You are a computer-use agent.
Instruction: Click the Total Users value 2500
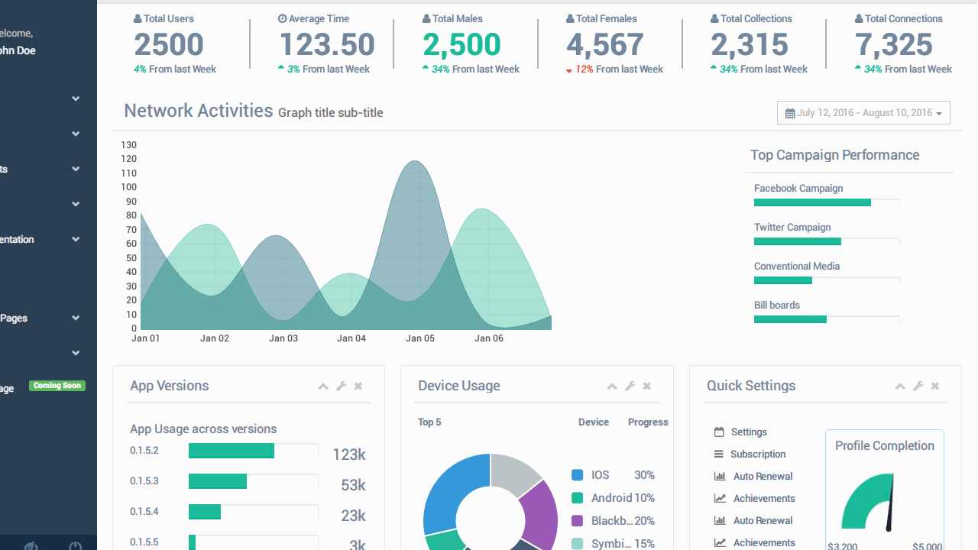point(169,45)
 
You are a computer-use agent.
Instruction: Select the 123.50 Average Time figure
point(327,45)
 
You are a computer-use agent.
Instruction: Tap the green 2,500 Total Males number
point(461,45)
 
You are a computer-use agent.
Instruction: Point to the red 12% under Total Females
point(584,70)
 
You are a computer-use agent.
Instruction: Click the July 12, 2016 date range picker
point(863,113)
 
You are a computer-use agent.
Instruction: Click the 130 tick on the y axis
point(128,145)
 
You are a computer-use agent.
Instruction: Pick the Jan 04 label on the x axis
point(351,338)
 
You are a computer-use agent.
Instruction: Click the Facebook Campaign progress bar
point(812,202)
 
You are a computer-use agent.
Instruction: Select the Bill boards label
point(777,306)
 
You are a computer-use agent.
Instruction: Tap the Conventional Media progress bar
point(783,280)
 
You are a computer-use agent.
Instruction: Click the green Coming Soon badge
point(57,386)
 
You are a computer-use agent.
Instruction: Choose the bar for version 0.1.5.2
point(232,451)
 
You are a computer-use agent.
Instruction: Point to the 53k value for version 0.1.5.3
point(353,485)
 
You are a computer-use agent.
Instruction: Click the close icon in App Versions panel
point(358,387)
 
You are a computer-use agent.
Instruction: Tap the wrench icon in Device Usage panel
point(630,387)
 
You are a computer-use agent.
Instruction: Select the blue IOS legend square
point(578,475)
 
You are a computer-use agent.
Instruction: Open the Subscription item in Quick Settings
point(757,455)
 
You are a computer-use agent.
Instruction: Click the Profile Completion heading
point(884,446)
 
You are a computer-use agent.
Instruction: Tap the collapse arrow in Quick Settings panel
point(900,387)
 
